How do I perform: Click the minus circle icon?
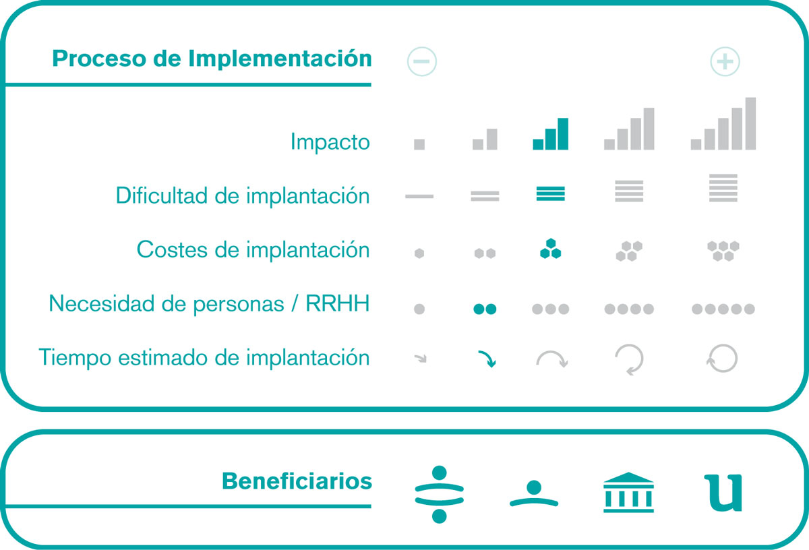pyautogui.click(x=421, y=61)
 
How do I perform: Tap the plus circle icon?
pyautogui.click(x=725, y=61)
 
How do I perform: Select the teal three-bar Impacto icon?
pyautogui.click(x=550, y=133)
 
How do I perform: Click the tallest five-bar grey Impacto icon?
pyautogui.click(x=723, y=123)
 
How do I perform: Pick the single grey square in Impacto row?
pyautogui.click(x=419, y=144)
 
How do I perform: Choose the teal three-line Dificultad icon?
pyautogui.click(x=550, y=193)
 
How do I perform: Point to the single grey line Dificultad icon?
pyautogui.click(x=419, y=196)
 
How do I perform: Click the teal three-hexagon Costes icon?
pyautogui.click(x=550, y=249)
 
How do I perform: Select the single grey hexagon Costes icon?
pyautogui.click(x=419, y=253)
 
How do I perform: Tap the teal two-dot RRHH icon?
pyautogui.click(x=485, y=309)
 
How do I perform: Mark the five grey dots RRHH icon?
pyautogui.click(x=723, y=309)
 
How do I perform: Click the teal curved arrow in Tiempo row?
pyautogui.click(x=487, y=358)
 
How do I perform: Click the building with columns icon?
pyautogui.click(x=628, y=492)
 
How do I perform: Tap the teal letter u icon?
pyautogui.click(x=723, y=493)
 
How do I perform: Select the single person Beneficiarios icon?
pyautogui.click(x=534, y=493)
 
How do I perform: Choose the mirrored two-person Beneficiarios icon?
pyautogui.click(x=439, y=494)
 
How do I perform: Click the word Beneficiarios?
pyautogui.click(x=297, y=481)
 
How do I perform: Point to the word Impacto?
pyautogui.click(x=330, y=142)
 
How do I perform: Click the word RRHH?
pyautogui.click(x=338, y=303)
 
